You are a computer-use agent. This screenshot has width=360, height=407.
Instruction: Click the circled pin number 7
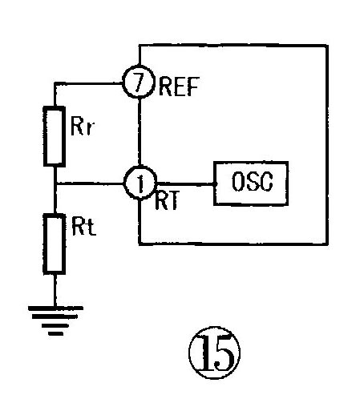[x=139, y=82]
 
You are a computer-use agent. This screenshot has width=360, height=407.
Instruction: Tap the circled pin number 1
[x=140, y=183]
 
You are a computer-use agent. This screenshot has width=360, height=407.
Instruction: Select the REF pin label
[x=179, y=87]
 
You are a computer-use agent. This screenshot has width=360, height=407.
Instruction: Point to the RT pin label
[x=166, y=200]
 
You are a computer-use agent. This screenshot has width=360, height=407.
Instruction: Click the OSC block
[x=251, y=183]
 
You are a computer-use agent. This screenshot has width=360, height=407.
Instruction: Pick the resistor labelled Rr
[x=55, y=136]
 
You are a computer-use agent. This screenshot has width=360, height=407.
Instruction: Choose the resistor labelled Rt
[x=55, y=244]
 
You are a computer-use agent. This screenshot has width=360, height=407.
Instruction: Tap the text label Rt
[x=83, y=228]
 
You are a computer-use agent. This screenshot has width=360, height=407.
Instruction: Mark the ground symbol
[x=55, y=320]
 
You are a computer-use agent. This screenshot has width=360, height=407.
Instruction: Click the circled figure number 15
[x=214, y=353]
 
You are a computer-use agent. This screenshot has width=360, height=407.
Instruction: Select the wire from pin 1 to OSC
[x=185, y=184]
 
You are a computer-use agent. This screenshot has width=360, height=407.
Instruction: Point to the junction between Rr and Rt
[x=55, y=183]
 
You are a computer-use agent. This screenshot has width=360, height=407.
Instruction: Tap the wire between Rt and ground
[x=55, y=290]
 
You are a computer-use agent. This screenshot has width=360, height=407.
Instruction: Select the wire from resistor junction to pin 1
[x=89, y=183]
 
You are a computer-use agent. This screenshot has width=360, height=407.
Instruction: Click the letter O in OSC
[x=237, y=181]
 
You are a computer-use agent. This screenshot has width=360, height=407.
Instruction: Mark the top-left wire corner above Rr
[x=55, y=83]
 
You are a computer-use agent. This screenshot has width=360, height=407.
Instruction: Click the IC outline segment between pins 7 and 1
[x=140, y=132]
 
